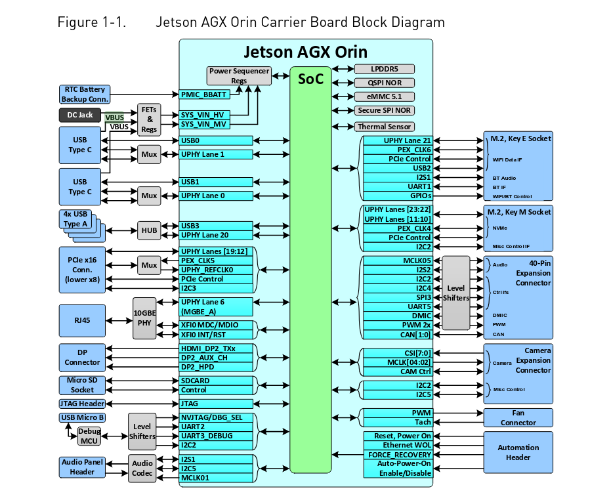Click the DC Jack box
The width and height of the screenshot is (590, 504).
(80, 115)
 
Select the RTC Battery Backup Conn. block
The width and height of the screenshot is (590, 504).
(83, 94)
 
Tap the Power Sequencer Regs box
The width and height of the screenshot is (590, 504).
(239, 75)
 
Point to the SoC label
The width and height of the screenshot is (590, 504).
(310, 79)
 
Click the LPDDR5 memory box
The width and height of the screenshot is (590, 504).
(385, 69)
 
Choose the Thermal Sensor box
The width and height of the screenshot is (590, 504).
(385, 127)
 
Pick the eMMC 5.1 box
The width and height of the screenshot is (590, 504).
(385, 96)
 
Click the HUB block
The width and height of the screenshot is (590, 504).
(149, 230)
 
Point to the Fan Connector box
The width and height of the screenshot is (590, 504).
(518, 417)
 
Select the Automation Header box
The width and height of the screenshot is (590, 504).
(518, 452)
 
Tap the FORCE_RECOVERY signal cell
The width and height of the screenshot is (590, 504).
(398, 454)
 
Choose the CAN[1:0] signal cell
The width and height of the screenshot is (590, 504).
(398, 334)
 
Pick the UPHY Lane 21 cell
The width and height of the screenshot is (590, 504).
(398, 140)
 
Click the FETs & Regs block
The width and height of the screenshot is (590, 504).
(149, 119)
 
